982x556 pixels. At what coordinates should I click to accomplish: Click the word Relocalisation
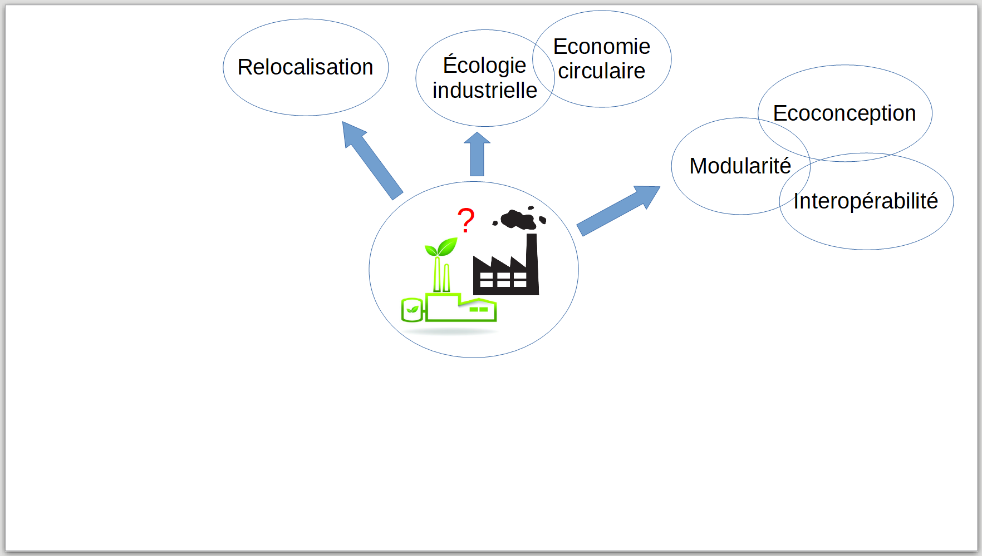coord(305,67)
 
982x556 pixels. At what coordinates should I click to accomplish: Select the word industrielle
coord(485,90)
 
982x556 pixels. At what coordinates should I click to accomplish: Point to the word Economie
coord(602,47)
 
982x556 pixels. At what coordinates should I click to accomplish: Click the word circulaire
coord(602,71)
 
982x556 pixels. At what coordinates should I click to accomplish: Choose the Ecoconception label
coord(844,113)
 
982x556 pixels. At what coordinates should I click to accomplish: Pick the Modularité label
coord(740,166)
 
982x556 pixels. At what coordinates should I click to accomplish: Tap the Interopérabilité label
coord(866,201)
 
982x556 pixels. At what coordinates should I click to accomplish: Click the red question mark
coord(466,220)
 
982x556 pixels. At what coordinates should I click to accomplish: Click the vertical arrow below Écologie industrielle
coord(477,154)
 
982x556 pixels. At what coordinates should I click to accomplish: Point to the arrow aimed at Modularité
coord(618,210)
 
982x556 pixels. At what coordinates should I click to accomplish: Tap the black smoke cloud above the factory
coord(520,218)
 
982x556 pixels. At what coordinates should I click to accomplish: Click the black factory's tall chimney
coord(532,264)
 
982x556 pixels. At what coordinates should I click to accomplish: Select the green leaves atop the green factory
coord(441,247)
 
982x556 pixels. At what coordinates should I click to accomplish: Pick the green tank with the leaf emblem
coord(412,310)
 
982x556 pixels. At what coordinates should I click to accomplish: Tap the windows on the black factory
coord(503,280)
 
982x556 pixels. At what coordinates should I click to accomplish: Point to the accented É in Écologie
coord(450,64)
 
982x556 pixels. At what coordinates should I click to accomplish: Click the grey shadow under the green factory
coord(450,331)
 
